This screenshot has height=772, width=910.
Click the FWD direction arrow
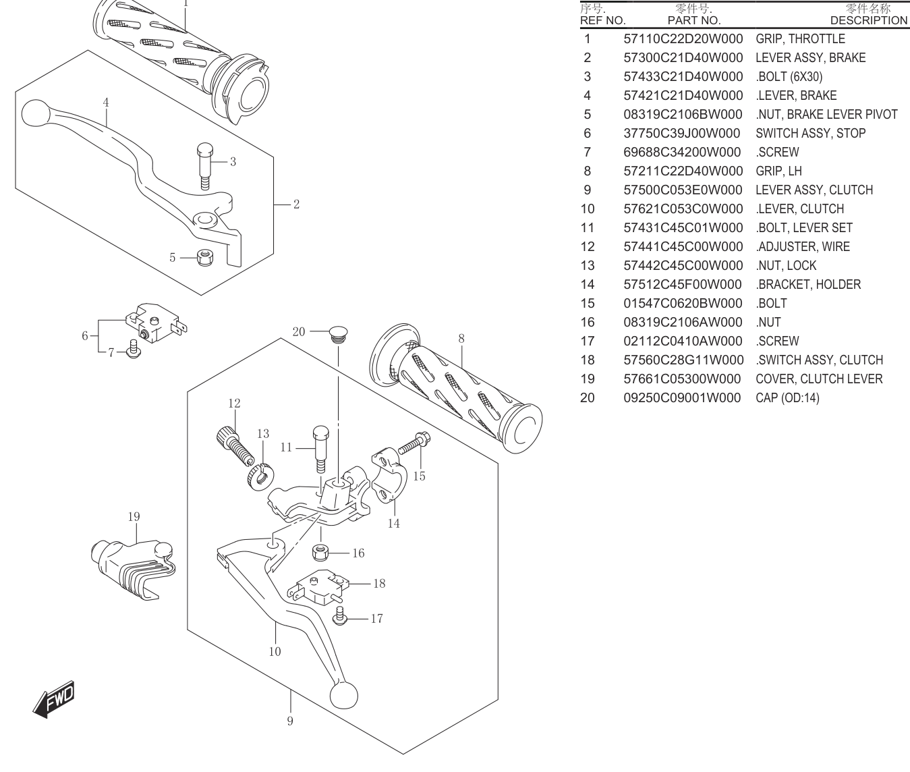[54, 699]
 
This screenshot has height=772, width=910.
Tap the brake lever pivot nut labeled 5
[204, 257]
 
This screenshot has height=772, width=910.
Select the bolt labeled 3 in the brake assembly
[204, 167]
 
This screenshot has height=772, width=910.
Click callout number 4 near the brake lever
[106, 103]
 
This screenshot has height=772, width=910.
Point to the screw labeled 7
[134, 349]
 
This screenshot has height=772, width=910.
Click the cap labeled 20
[338, 334]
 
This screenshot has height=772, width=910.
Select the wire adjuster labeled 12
[234, 447]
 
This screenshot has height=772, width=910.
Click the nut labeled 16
[321, 552]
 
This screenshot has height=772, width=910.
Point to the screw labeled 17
[340, 615]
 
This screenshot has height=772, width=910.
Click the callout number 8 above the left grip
[461, 339]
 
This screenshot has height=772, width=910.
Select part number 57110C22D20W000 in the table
[683, 38]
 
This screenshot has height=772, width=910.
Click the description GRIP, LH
[778, 171]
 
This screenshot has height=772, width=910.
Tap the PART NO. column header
[694, 21]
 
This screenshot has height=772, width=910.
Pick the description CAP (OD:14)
[787, 397]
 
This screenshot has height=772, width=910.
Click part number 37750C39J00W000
[681, 133]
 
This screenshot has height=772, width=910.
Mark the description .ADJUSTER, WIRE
[802, 246]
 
